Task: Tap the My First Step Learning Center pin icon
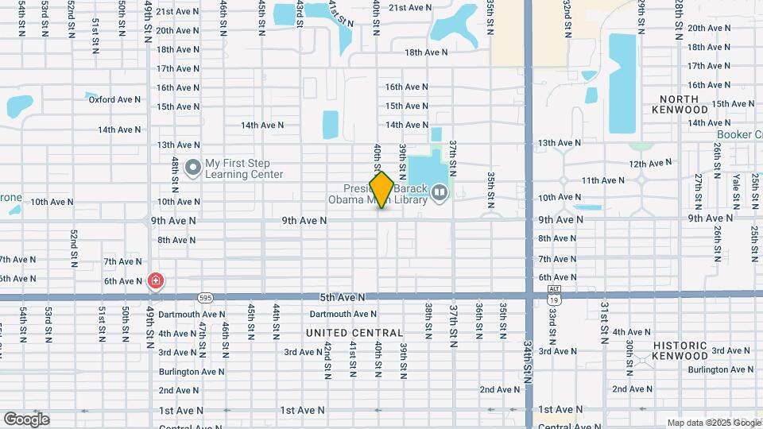coord(192,168)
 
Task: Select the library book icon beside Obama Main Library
coord(440,191)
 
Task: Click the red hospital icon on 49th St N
coord(156,280)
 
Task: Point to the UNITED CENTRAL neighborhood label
coord(354,333)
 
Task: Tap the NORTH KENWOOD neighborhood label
coord(679,104)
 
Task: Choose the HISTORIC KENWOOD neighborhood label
coord(680,350)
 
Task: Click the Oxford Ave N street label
coord(114,99)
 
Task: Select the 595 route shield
coord(205,297)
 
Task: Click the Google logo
coord(26,419)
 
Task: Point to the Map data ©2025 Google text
coord(713,423)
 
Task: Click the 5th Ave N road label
coord(342,297)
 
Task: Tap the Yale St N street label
coord(737,190)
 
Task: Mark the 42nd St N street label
coord(327,361)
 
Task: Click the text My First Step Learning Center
coord(244,168)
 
